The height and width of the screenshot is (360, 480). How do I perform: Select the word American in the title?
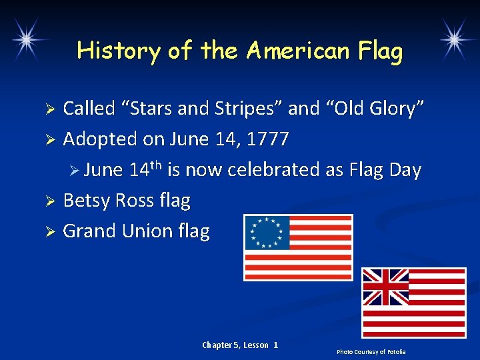coord(291,51)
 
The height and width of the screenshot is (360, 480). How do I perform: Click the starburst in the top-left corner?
coord(26,39)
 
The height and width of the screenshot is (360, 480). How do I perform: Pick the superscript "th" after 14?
coord(155,165)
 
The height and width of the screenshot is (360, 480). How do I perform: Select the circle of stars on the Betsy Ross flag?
coord(266,232)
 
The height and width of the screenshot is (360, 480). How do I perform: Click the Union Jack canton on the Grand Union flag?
coord(385,287)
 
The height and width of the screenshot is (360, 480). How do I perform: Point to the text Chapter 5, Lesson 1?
coord(240,345)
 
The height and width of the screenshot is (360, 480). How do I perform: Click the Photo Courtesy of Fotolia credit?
coord(371,351)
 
